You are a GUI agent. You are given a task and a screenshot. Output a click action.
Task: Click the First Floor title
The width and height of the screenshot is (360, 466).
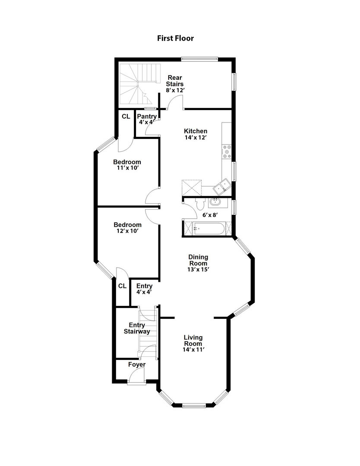[x=175, y=38]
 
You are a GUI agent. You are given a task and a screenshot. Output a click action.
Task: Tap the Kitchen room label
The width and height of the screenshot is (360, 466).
[x=196, y=131]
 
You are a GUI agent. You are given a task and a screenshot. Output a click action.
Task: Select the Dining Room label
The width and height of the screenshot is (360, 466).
[x=198, y=260]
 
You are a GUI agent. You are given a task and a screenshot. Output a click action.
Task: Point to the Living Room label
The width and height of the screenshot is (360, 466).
[x=193, y=340]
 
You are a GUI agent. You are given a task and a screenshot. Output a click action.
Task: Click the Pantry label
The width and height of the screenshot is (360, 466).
[x=147, y=116]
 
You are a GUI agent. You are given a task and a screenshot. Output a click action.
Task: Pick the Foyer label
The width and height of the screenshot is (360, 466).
[x=137, y=365]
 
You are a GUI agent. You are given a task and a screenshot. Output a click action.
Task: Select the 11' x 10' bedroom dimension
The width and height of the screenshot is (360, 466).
[x=127, y=168]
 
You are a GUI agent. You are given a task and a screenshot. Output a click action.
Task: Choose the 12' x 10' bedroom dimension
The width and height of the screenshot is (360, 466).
[x=127, y=231]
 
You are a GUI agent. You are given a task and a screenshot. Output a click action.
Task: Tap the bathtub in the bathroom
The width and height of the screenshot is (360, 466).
[x=209, y=229]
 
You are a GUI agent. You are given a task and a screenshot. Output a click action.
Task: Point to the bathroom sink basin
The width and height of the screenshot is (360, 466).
[x=215, y=202]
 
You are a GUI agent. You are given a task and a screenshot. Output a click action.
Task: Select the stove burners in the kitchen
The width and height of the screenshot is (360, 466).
[x=227, y=151]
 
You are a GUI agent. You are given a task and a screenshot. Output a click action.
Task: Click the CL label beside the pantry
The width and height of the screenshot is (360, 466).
[x=126, y=116]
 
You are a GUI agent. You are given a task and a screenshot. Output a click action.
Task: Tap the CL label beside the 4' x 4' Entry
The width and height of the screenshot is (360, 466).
[x=122, y=286]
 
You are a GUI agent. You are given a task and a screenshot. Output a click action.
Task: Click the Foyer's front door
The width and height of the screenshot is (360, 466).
[x=136, y=380]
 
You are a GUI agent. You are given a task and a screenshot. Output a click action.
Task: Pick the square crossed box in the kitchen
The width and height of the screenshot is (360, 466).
[x=192, y=188]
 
